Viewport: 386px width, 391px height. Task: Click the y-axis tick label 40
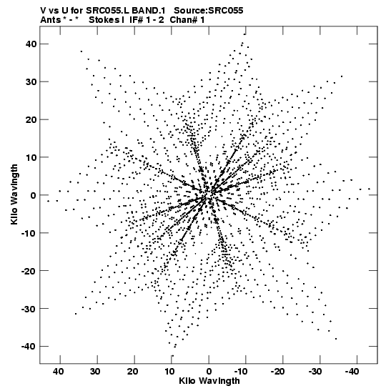point(31,44)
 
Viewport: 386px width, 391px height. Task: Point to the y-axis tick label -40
point(29,347)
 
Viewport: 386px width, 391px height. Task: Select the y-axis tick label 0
point(34,195)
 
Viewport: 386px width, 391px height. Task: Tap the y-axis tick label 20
point(31,119)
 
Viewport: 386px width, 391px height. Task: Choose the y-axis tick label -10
point(29,233)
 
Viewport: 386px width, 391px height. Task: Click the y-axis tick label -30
point(29,309)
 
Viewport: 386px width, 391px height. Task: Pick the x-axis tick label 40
point(58,372)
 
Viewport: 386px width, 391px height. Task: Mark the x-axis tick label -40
point(352,372)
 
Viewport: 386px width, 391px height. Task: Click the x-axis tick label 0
point(209,372)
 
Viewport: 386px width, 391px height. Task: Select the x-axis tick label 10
point(169,372)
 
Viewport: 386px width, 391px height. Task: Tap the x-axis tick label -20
point(277,372)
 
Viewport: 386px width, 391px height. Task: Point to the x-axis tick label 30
point(95,372)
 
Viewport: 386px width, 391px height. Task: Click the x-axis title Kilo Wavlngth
point(209,381)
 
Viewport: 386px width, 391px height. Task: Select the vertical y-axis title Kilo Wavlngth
point(14,194)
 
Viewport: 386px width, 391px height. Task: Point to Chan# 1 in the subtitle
point(187,20)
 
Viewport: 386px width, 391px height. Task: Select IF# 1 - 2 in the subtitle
point(147,20)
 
